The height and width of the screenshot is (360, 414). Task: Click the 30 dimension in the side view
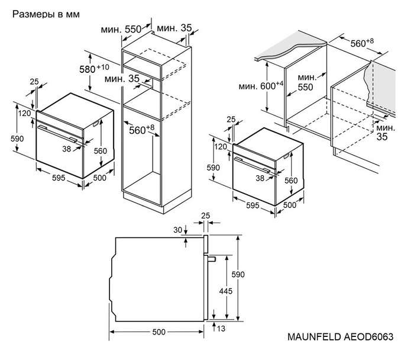(177, 230)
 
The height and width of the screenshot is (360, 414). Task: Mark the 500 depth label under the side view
(159, 332)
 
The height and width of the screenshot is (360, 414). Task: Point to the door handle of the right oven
(254, 163)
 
